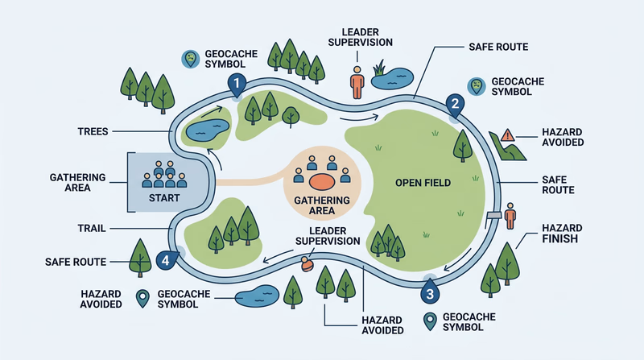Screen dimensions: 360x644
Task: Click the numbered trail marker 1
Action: (236, 83)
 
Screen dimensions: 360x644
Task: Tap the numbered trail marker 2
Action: (455, 104)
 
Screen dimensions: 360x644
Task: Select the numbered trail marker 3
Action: (430, 293)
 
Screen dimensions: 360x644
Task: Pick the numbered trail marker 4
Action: (166, 260)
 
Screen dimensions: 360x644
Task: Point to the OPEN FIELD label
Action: (423, 183)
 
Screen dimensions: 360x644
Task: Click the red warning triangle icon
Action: (507, 135)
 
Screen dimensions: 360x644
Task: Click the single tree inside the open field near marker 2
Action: (463, 143)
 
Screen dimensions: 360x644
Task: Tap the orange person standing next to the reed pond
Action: (356, 81)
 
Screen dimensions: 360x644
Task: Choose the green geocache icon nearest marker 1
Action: (190, 58)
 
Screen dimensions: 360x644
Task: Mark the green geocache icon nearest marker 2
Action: (477, 85)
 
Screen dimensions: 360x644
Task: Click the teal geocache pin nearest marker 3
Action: (428, 321)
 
